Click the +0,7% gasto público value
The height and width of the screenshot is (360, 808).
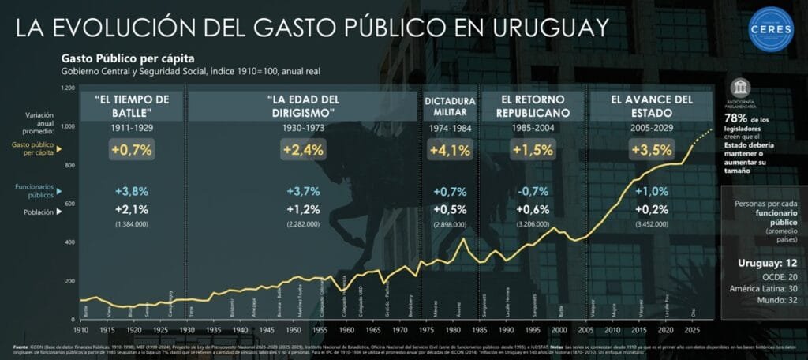132,148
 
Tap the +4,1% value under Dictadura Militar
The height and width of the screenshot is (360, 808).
450,148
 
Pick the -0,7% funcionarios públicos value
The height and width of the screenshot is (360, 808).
533,191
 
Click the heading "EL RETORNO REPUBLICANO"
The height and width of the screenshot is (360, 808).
533,107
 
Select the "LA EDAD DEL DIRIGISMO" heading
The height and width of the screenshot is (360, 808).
303,107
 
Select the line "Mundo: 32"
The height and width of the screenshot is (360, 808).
764,302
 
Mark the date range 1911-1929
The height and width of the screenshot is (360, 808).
132,126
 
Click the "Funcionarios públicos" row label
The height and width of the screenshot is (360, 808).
36,192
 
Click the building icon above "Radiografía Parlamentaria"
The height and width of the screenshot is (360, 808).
740,87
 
